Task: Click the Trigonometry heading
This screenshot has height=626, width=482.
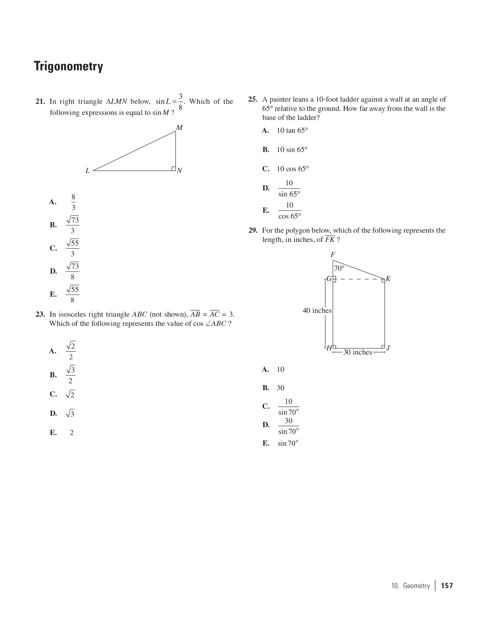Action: tap(68, 66)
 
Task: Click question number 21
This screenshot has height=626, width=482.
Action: tap(40, 102)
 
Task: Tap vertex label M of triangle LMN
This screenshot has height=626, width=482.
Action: tap(179, 128)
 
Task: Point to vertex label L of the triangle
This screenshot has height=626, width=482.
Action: tap(88, 171)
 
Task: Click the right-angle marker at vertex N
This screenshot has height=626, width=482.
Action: tap(174, 169)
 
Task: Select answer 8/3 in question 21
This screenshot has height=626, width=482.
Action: tap(73, 202)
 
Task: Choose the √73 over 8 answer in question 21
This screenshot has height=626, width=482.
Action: tap(73, 271)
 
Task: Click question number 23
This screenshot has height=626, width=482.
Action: tap(40, 314)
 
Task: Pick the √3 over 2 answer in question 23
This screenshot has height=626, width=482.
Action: tap(71, 375)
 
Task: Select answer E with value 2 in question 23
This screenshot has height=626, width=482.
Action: tap(71, 433)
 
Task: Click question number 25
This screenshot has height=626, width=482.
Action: tap(253, 99)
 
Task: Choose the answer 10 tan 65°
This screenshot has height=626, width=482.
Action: tap(292, 130)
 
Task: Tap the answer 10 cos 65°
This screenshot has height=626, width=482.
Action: tap(292, 169)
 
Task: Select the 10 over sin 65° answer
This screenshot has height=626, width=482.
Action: tap(289, 188)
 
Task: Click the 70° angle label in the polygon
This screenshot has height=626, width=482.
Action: tap(339, 268)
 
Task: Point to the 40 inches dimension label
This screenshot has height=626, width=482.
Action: tap(317, 311)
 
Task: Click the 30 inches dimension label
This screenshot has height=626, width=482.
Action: tap(357, 352)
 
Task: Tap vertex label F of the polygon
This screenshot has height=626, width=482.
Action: tap(333, 255)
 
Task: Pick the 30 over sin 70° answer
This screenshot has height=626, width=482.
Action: tap(289, 426)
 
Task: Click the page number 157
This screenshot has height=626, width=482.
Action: tap(447, 586)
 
